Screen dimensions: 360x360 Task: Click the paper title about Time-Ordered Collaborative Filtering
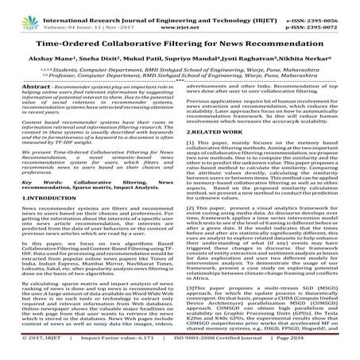click(180, 47)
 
